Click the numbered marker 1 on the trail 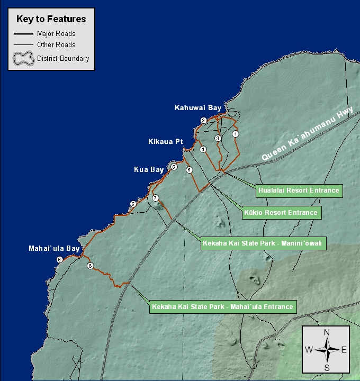pyautogui.click(x=236, y=134)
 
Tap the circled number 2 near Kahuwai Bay pyautogui.click(x=203, y=121)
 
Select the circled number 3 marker pyautogui.click(x=218, y=138)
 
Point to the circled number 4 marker pyautogui.click(x=203, y=149)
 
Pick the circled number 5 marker pyautogui.click(x=189, y=170)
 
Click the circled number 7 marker pyautogui.click(x=155, y=198)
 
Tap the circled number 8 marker pyautogui.click(x=90, y=266)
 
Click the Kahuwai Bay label pyautogui.click(x=198, y=108)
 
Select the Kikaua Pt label pyautogui.click(x=165, y=142)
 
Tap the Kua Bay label pyautogui.click(x=149, y=170)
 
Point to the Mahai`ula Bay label pyautogui.click(x=54, y=248)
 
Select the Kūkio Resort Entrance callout pyautogui.click(x=281, y=213)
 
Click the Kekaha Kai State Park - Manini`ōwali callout pyautogui.click(x=263, y=244)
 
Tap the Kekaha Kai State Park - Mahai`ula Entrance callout pyautogui.click(x=222, y=306)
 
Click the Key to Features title pyautogui.click(x=51, y=19)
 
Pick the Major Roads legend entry pyautogui.click(x=56, y=33)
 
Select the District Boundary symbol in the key pyautogui.click(x=23, y=59)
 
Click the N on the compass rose pyautogui.click(x=327, y=332)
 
